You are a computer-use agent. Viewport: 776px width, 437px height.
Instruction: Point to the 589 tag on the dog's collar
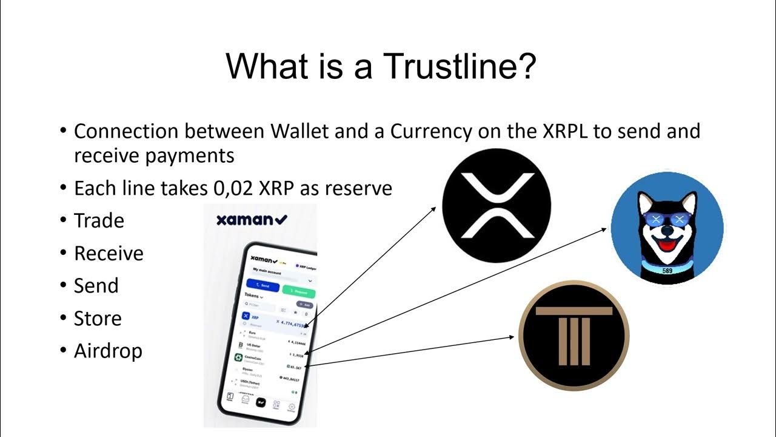click(x=667, y=271)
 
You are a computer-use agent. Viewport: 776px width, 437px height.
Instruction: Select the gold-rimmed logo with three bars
click(x=574, y=336)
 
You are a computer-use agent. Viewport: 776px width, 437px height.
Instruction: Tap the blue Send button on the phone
click(x=264, y=285)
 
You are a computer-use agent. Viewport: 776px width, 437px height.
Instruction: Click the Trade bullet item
click(x=99, y=220)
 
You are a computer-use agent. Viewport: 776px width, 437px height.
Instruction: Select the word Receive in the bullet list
click(x=109, y=253)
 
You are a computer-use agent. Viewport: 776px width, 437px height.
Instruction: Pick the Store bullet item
click(x=98, y=318)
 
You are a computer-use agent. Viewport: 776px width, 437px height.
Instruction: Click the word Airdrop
click(x=108, y=351)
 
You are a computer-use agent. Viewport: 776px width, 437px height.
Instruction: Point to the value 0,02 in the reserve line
click(x=233, y=188)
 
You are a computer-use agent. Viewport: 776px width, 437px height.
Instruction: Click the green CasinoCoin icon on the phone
click(x=238, y=357)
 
